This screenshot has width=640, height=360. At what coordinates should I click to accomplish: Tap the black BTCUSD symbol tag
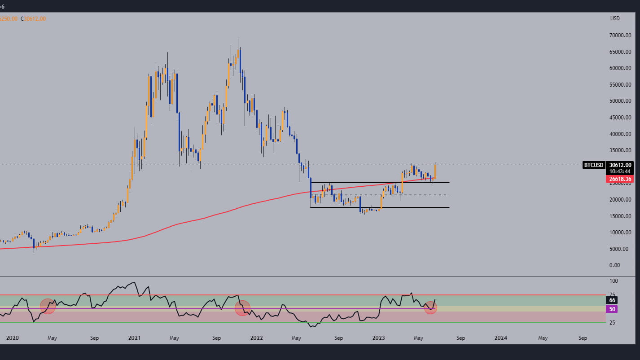[593, 165]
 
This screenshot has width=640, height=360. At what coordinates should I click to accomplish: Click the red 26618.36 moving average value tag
[620, 179]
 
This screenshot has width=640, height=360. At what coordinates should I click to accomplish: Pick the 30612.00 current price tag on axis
[620, 165]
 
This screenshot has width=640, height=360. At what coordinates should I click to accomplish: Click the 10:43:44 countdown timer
[620, 171]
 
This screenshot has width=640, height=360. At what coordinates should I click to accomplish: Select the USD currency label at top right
[615, 18]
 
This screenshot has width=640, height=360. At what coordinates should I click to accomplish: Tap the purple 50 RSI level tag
[612, 309]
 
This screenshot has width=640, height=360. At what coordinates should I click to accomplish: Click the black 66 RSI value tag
[612, 300]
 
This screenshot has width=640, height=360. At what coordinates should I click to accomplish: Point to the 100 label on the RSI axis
[614, 281]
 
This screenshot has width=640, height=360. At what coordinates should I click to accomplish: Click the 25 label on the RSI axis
[612, 323]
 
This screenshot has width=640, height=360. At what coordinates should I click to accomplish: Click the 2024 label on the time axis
[501, 338]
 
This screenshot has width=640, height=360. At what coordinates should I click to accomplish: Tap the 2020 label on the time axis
[8, 338]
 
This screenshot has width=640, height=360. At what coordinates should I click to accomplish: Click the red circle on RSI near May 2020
[48, 306]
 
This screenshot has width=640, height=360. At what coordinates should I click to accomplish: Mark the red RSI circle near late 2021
[242, 308]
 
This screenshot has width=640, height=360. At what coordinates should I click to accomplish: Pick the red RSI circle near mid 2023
[430, 307]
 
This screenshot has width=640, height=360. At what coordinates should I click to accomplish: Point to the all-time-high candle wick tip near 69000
[238, 39]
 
